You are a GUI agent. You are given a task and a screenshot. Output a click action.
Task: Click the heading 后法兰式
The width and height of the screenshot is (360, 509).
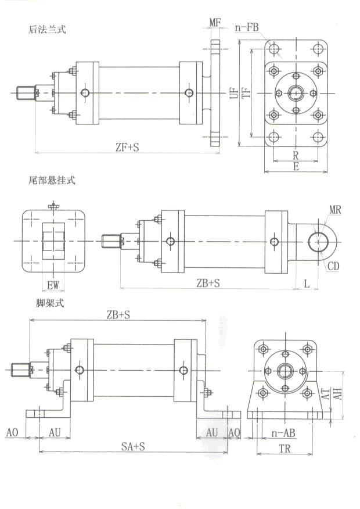[x=47, y=29]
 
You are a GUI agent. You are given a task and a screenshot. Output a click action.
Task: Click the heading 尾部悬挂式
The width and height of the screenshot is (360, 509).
[x=52, y=181]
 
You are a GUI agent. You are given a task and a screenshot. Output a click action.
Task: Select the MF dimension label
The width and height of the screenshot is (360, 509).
[x=215, y=23]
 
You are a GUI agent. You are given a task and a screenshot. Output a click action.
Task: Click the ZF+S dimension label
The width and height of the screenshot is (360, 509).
[x=127, y=148]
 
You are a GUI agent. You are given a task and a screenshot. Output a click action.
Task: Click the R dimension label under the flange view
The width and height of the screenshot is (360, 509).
[x=296, y=156]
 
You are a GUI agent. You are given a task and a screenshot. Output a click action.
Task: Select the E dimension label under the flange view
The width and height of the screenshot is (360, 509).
[x=296, y=166]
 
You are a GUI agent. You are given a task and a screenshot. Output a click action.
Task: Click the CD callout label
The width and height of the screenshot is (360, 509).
[x=333, y=267]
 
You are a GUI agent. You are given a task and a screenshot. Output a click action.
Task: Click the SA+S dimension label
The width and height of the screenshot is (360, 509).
[x=132, y=446]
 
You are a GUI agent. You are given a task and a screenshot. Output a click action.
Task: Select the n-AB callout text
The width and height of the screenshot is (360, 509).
[x=283, y=433]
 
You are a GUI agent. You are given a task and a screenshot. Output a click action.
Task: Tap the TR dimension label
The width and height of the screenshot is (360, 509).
[x=285, y=449]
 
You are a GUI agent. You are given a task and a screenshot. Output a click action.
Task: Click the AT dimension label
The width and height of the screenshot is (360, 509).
[x=327, y=394]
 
